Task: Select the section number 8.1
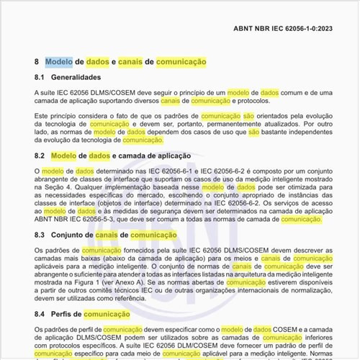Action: [40, 77]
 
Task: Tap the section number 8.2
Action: [40, 156]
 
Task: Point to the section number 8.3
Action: [40, 235]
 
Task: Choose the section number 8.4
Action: [40, 314]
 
